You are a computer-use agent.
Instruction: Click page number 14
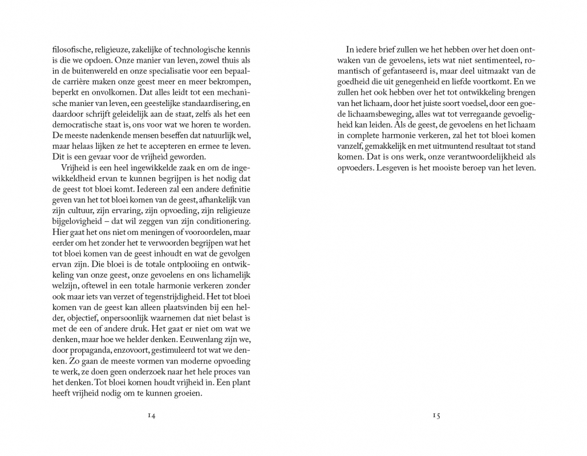click(151, 416)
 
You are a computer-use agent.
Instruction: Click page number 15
click(436, 416)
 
